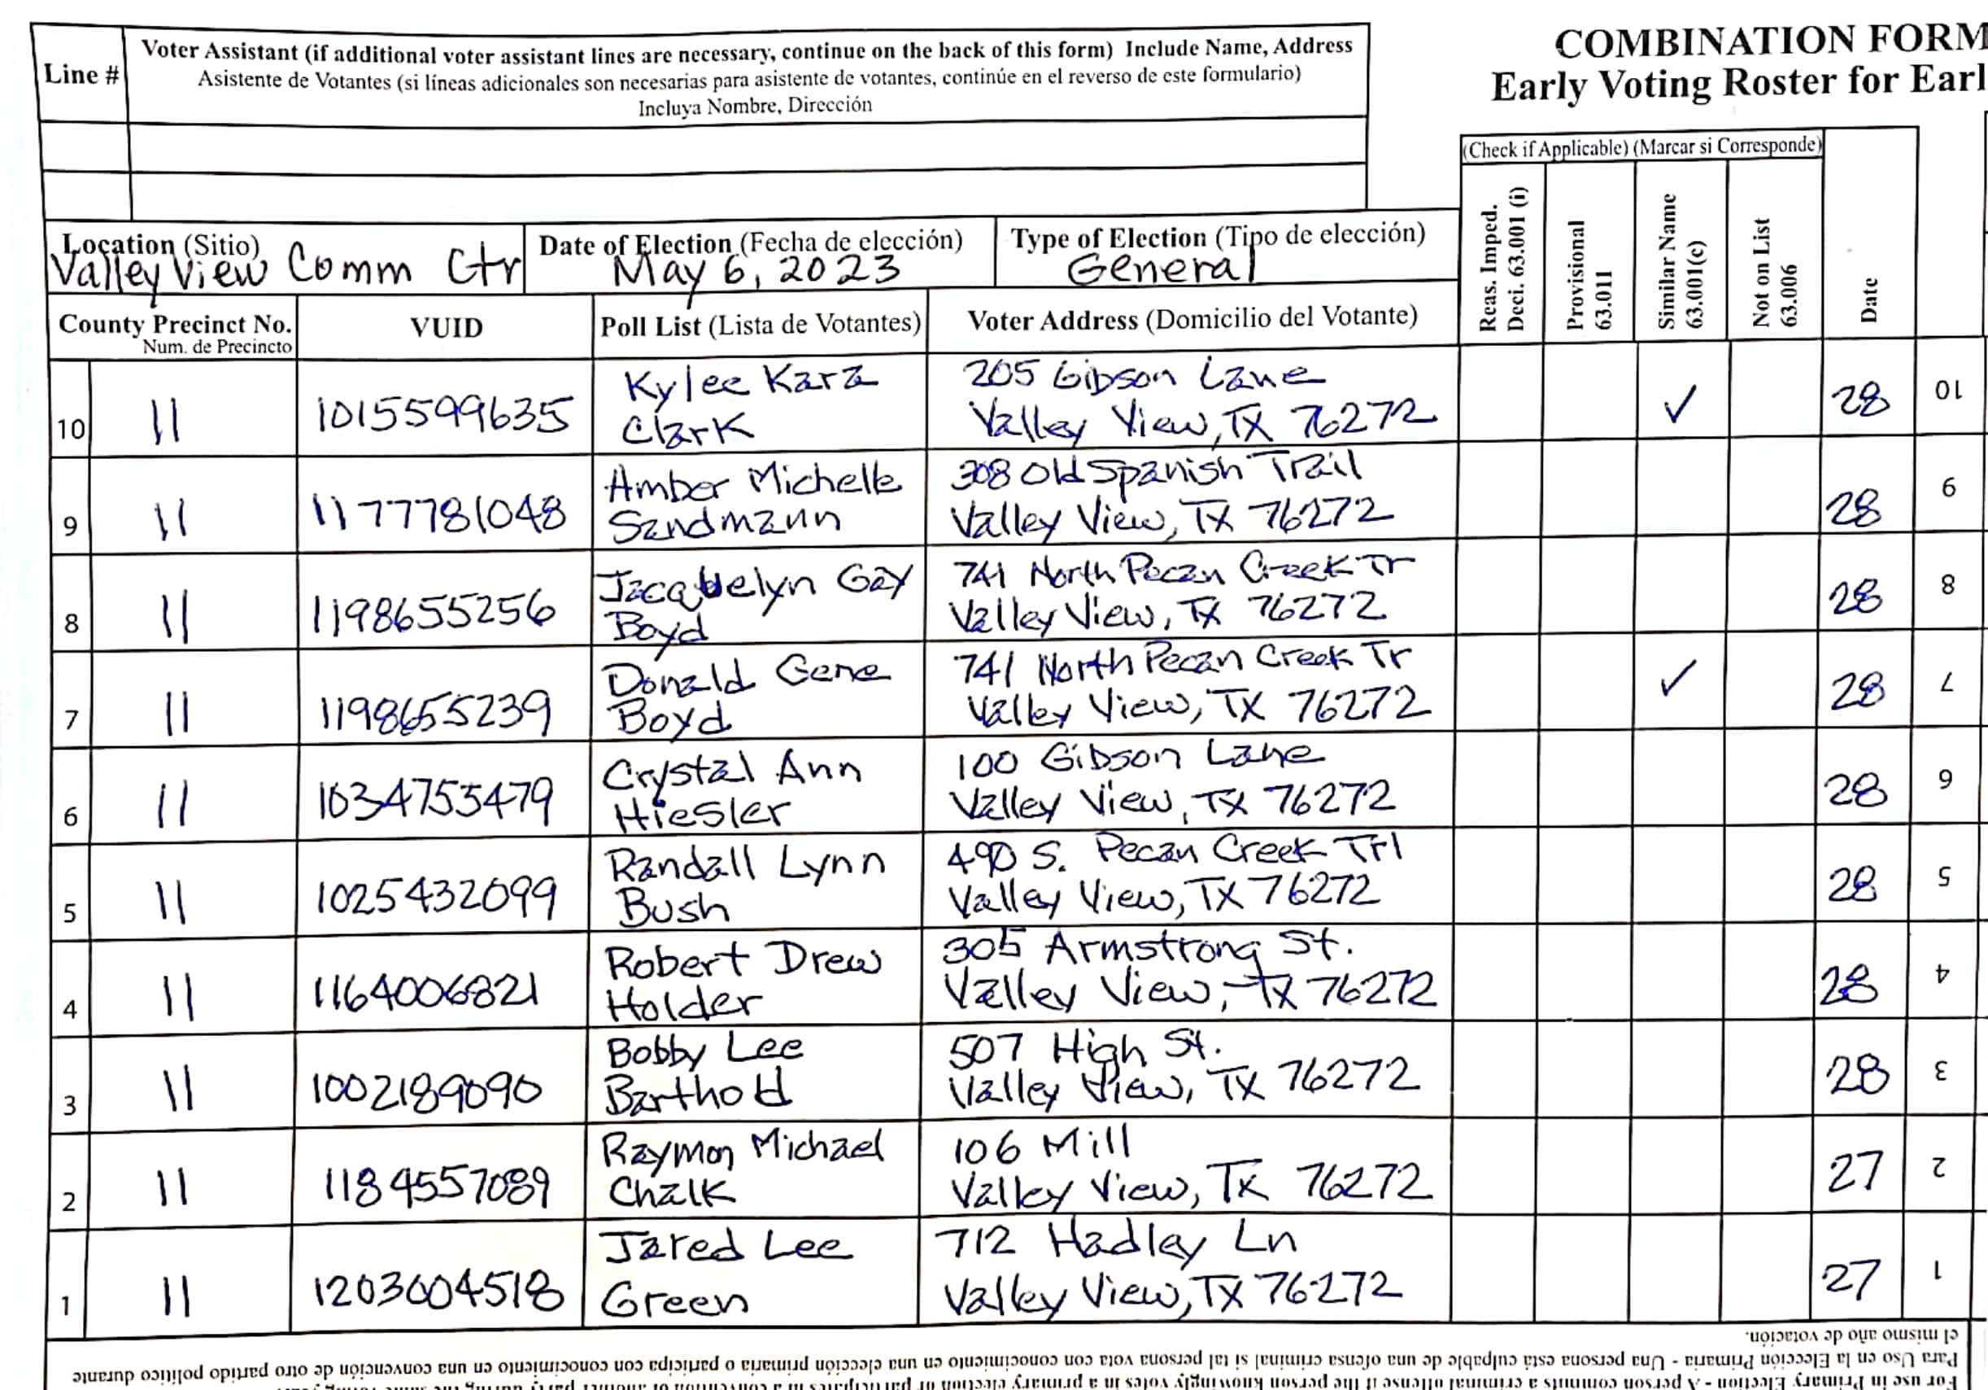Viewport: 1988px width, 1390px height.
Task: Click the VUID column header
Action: point(446,327)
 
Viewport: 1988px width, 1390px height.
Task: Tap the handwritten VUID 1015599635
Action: point(442,414)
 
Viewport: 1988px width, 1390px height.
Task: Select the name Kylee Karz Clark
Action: point(744,404)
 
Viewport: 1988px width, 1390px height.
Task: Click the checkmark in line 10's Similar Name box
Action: point(1680,404)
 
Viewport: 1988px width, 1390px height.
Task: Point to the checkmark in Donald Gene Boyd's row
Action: point(1677,679)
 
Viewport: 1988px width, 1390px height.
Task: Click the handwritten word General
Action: point(1160,269)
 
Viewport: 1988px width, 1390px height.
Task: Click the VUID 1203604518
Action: point(438,1293)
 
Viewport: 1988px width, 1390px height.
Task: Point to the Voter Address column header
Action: point(1192,319)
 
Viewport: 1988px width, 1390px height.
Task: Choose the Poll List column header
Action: point(761,325)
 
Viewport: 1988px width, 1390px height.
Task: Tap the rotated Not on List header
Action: point(1773,272)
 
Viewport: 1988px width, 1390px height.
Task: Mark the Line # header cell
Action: point(81,76)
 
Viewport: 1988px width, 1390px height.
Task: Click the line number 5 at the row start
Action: point(69,913)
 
